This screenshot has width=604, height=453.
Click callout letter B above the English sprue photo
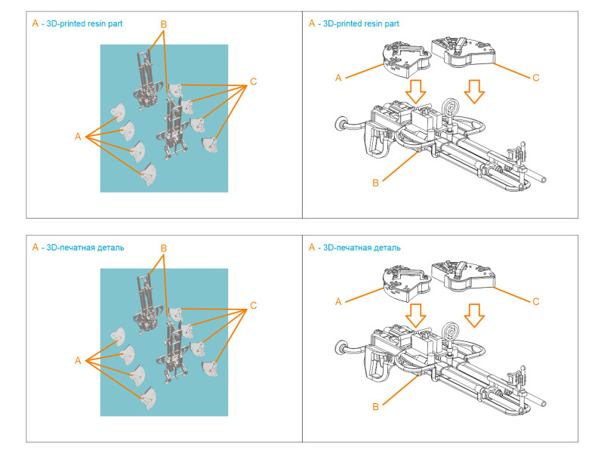tap(164, 24)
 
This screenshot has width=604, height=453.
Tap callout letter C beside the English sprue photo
tap(253, 82)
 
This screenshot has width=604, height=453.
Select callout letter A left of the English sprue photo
tap(78, 137)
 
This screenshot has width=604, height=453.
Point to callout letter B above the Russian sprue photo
tap(164, 248)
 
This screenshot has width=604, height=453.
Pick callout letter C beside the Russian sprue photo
tap(253, 306)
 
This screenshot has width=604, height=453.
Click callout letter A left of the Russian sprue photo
tap(78, 361)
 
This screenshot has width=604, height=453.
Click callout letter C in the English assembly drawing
tap(536, 78)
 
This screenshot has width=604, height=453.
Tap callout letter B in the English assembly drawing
tap(375, 182)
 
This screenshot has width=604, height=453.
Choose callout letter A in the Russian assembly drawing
tap(339, 301)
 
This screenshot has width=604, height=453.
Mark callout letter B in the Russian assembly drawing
tap(375, 406)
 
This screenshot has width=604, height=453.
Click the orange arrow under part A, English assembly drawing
tap(414, 91)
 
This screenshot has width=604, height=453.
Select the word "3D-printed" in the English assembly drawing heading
tap(342, 24)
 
